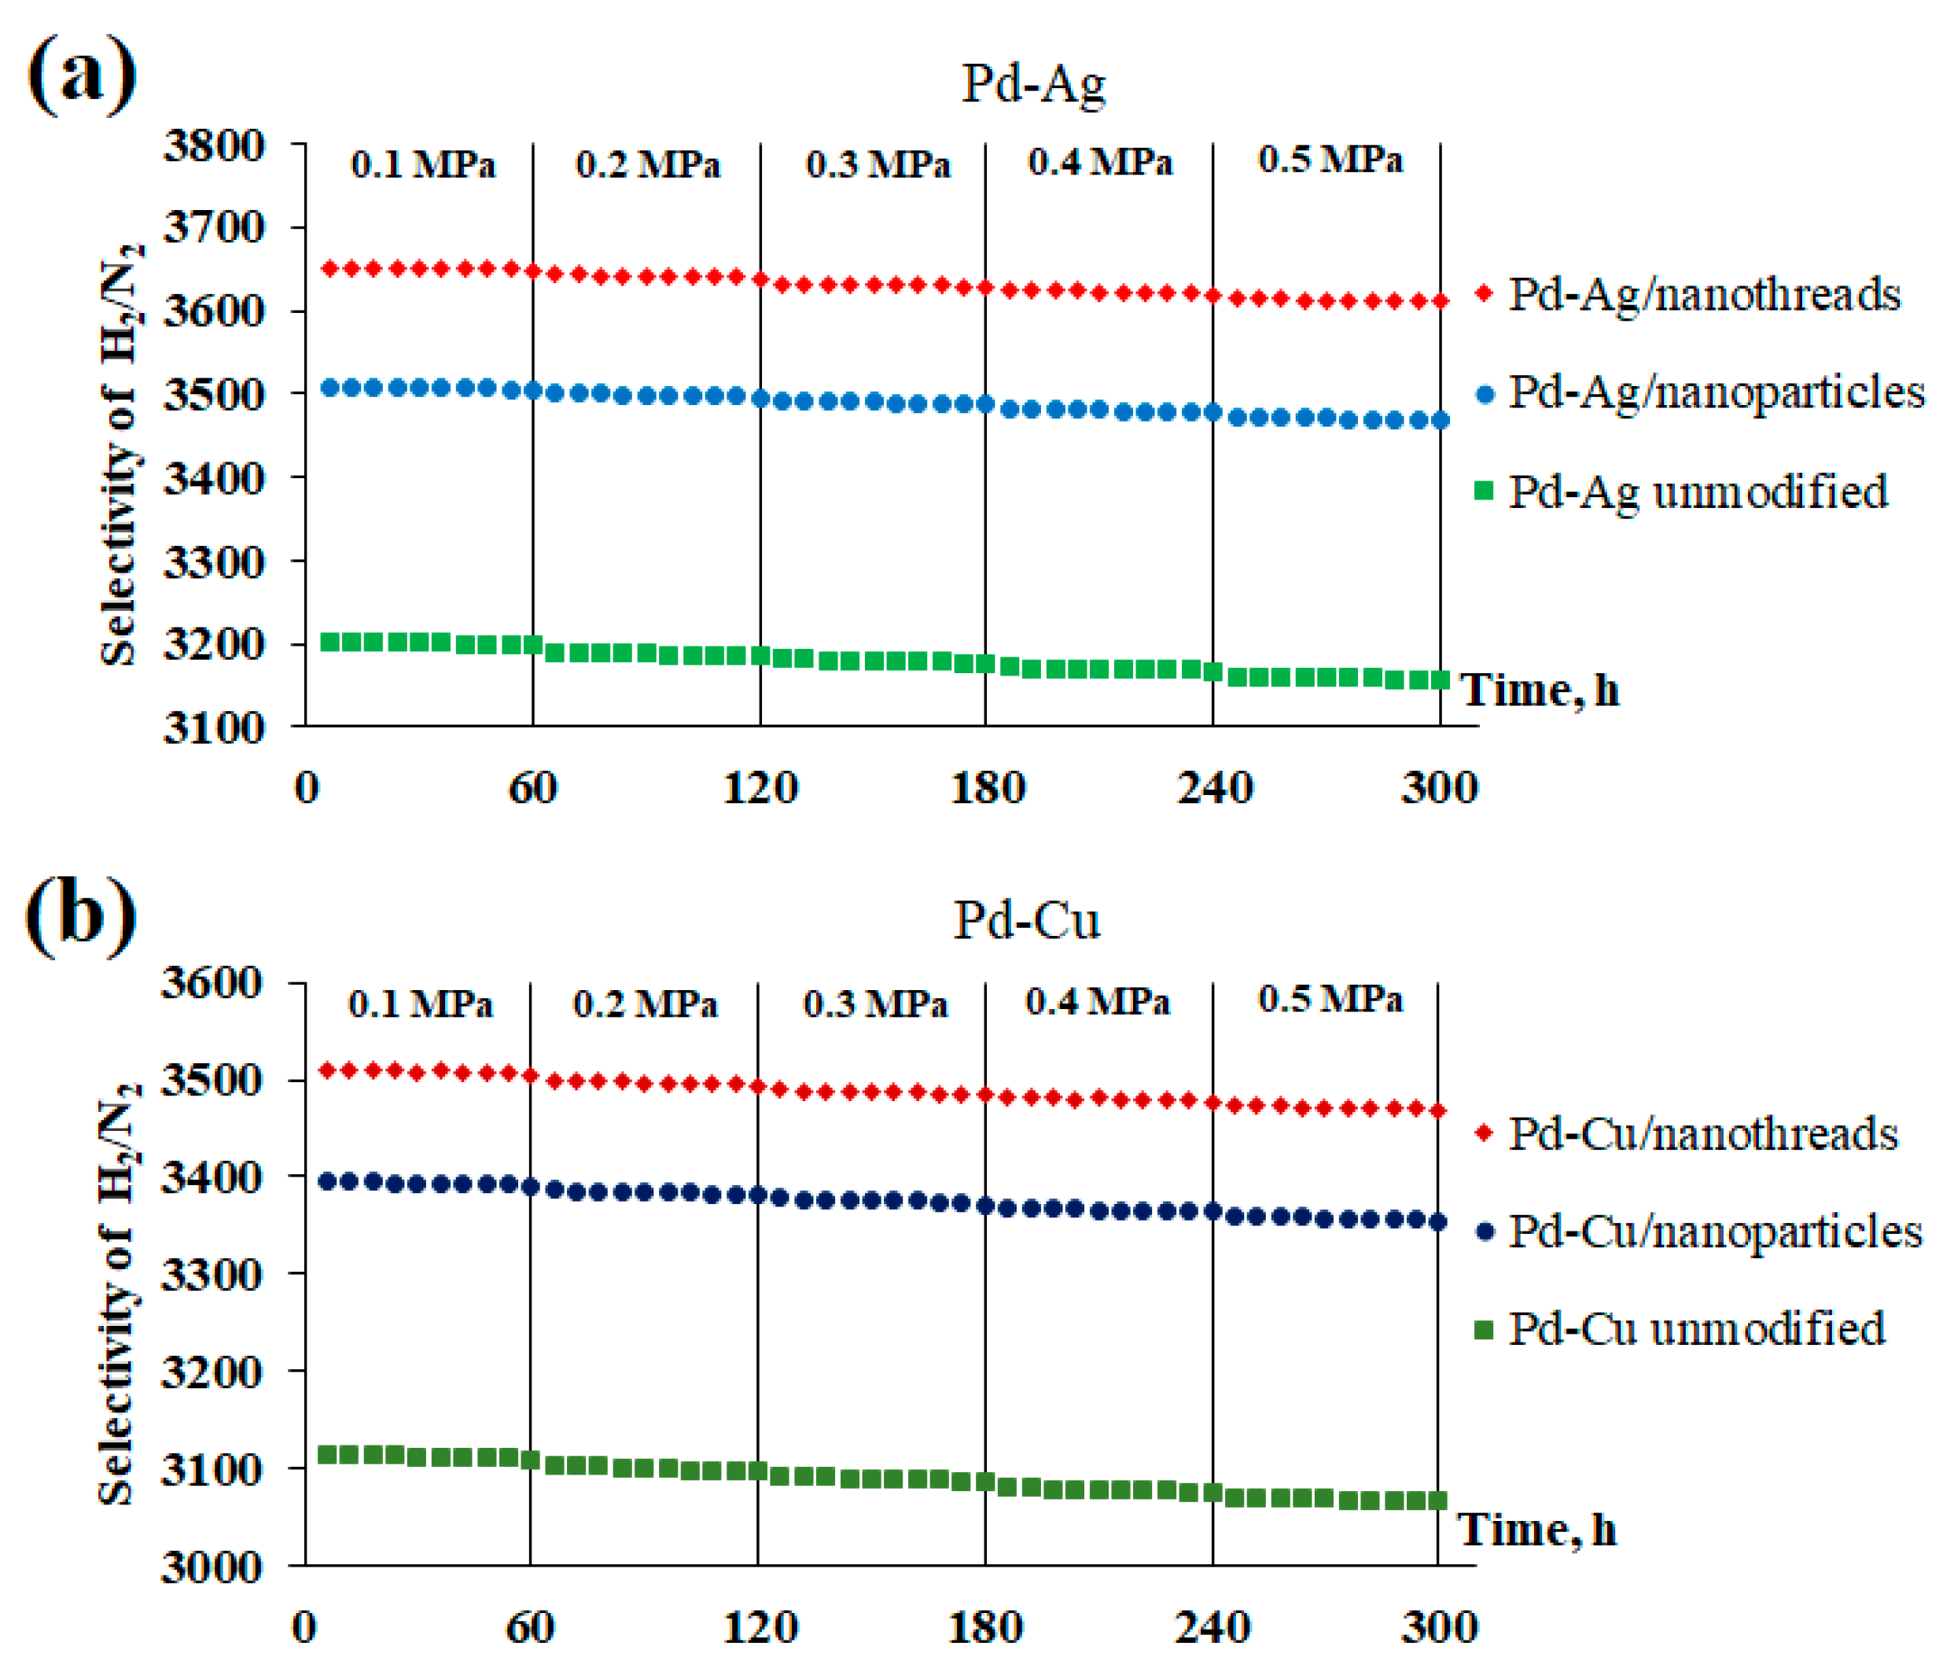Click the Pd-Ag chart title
(1033, 84)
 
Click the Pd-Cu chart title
(1026, 921)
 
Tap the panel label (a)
(83, 75)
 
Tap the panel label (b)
(81, 915)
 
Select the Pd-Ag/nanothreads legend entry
(1703, 294)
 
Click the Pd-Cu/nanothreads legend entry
(1702, 1134)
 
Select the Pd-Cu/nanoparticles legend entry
(1714, 1232)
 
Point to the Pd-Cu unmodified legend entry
(1695, 1330)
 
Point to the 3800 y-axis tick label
(214, 146)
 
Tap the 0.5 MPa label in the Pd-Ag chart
(1330, 160)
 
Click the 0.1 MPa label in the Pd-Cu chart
(420, 1004)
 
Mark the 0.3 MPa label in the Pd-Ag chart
(878, 165)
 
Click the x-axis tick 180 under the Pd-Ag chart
(988, 788)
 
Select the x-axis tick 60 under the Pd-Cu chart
(530, 1627)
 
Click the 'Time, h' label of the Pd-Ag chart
(1539, 691)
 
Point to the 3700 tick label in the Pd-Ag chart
(214, 228)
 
